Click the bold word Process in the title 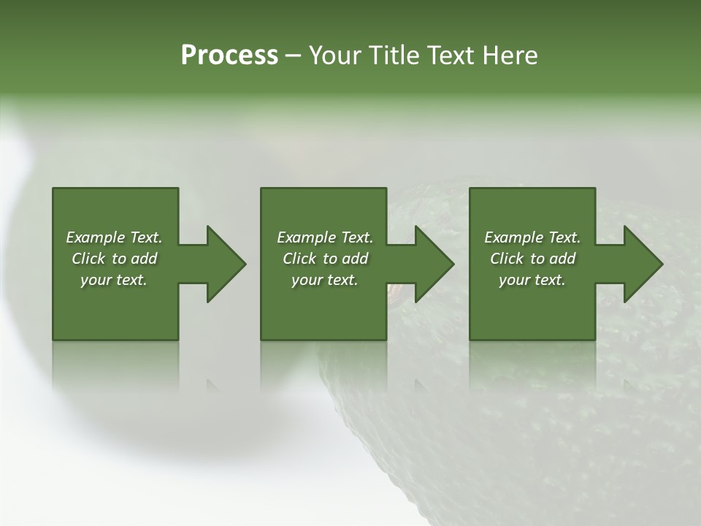pyautogui.click(x=229, y=56)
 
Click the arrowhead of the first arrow pyautogui.click(x=226, y=264)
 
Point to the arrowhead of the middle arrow pyautogui.click(x=435, y=264)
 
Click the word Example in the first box pyautogui.click(x=96, y=237)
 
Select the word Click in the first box pyautogui.click(x=88, y=259)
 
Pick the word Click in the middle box pyautogui.click(x=299, y=259)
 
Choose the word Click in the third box pyautogui.click(x=507, y=259)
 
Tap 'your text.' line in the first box pyautogui.click(x=114, y=280)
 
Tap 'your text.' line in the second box pyautogui.click(x=325, y=280)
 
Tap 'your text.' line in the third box pyautogui.click(x=532, y=280)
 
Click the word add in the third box pyautogui.click(x=562, y=259)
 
